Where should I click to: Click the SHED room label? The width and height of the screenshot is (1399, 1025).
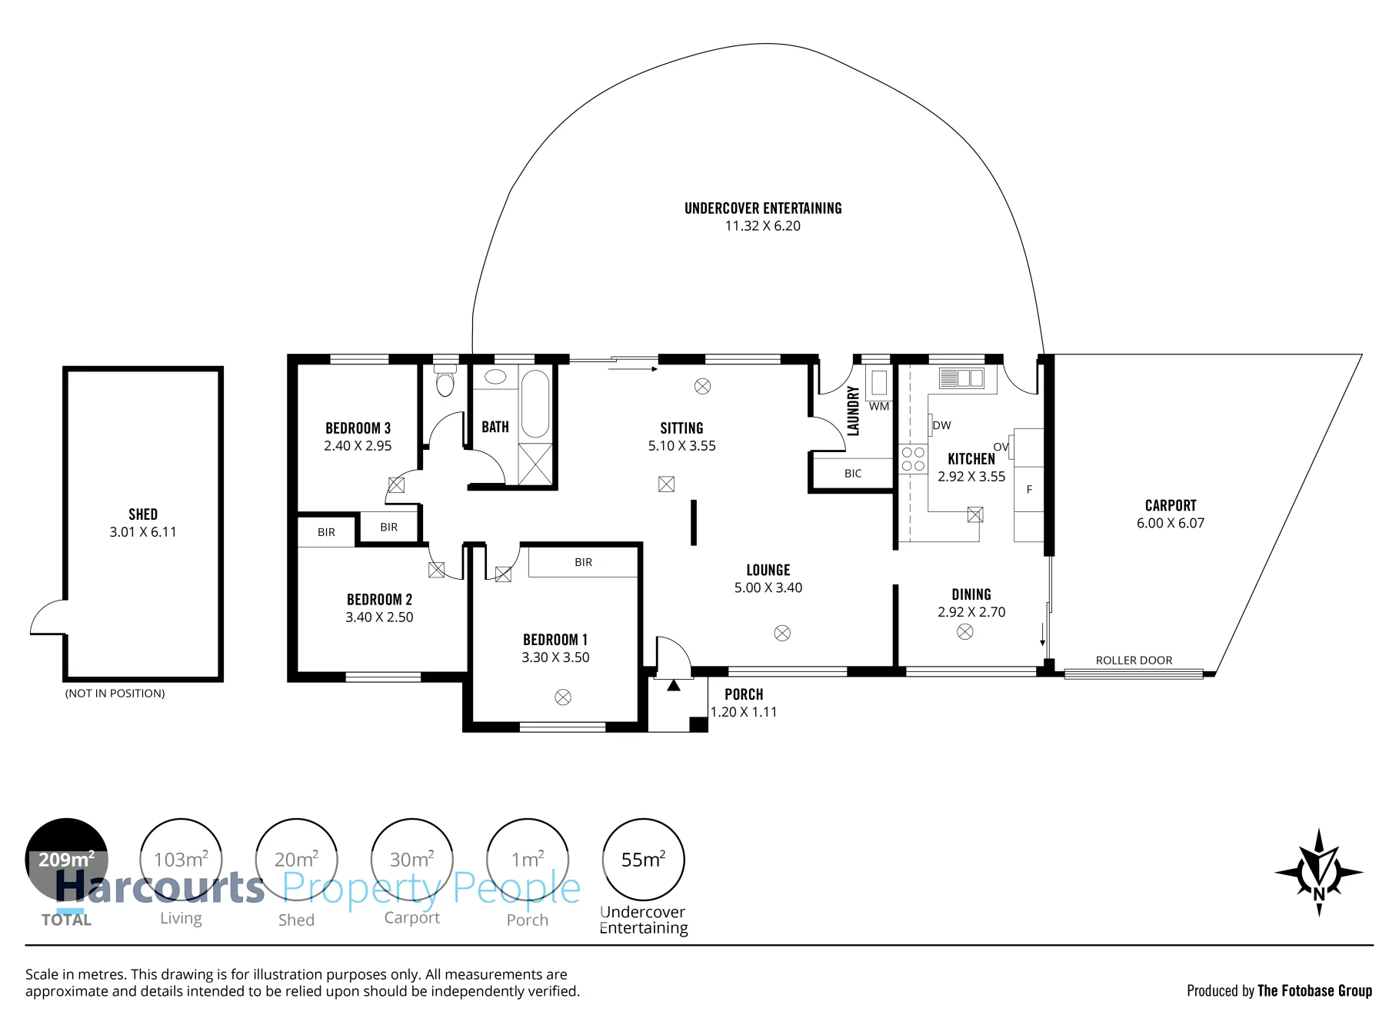[x=143, y=514]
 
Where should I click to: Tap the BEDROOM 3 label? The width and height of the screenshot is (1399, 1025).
[x=358, y=428]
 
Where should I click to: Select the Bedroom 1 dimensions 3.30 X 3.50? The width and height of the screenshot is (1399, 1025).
[x=555, y=657]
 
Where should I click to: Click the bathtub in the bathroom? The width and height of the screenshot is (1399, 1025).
[x=535, y=403]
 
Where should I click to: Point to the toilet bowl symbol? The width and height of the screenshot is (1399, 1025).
[x=445, y=381]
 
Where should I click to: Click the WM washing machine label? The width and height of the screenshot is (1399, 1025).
[x=879, y=407]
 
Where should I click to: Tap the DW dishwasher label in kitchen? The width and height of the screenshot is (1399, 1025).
[x=942, y=425]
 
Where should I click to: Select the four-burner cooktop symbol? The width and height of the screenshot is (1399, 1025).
[x=913, y=459]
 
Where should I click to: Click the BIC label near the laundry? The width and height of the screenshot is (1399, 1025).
[x=853, y=474]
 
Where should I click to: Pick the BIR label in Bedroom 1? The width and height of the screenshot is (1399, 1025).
[x=584, y=562]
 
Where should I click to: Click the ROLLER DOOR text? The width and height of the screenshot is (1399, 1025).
[x=1134, y=661]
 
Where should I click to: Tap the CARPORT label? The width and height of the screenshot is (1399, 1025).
[x=1171, y=505]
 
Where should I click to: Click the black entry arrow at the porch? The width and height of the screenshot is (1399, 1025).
[x=674, y=685]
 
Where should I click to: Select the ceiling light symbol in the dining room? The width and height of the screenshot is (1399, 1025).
[x=965, y=632]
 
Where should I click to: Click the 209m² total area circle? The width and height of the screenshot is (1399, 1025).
[x=67, y=860]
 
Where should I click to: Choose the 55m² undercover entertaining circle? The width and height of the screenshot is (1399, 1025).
[x=643, y=860]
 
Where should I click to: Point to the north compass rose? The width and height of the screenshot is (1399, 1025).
[x=1319, y=873]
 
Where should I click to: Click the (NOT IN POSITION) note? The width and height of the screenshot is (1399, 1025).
[x=115, y=694]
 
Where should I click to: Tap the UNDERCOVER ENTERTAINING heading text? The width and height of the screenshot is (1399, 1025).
[x=763, y=208]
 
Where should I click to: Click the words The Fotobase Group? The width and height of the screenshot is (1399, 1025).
[x=1314, y=990]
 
